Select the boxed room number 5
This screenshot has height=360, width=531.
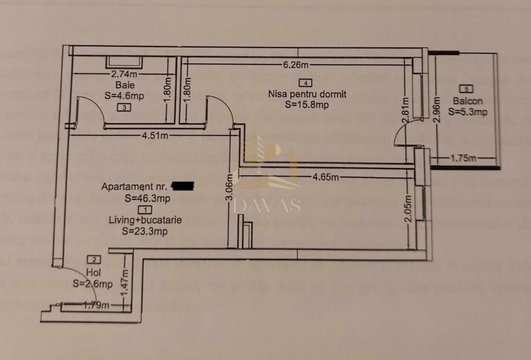click(x=466, y=89)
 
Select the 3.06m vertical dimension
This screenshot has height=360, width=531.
click(x=229, y=186)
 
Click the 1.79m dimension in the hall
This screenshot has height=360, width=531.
click(x=95, y=305)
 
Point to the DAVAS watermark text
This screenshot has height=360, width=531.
click(x=267, y=205)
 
